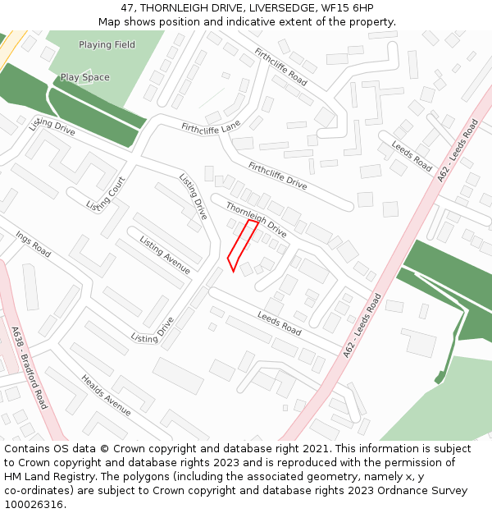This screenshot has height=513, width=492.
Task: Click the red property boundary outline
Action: (x=243, y=245)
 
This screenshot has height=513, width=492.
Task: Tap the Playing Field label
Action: (x=107, y=44)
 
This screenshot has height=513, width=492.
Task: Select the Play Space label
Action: (x=84, y=77)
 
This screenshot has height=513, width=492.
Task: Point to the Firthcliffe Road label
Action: (x=280, y=67)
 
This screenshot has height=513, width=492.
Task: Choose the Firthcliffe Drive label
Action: (x=277, y=176)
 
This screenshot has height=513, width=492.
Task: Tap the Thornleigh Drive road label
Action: (x=256, y=219)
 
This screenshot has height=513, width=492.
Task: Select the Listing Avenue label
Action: (x=165, y=254)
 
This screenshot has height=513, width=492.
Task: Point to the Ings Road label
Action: (x=33, y=245)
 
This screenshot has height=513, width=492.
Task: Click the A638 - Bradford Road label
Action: (x=30, y=368)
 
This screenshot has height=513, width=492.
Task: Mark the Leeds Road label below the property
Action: (x=280, y=323)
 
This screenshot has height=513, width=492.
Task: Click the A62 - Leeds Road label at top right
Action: (x=458, y=150)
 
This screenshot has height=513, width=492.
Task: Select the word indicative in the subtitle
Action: (x=231, y=21)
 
